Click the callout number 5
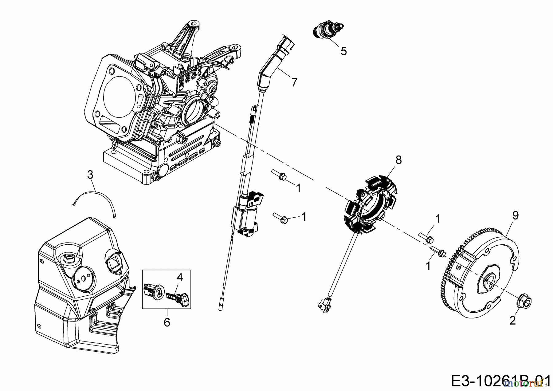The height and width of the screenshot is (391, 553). tap(343, 51)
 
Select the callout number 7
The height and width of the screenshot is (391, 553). tap(294, 82)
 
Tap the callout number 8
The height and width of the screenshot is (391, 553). tap(398, 160)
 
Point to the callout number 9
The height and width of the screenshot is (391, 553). tap(515, 215)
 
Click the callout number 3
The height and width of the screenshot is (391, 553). tap(90, 175)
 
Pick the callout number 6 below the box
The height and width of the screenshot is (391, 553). tap(167, 322)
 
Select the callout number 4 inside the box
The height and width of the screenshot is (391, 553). tap(180, 277)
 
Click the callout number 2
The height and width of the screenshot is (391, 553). tap(512, 321)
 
